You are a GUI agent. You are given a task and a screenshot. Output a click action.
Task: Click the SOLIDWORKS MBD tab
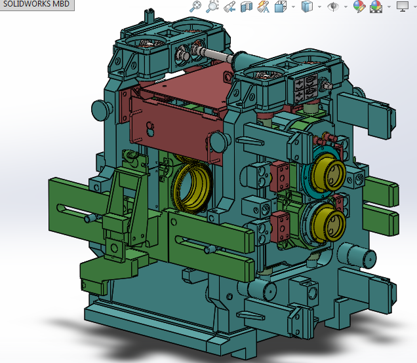pos(37,5)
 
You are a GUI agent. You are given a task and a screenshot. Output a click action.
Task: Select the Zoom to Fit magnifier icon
pos(195,7)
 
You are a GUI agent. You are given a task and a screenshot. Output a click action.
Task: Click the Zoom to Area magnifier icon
pos(212,7)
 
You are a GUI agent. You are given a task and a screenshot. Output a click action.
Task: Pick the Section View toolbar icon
pos(247,7)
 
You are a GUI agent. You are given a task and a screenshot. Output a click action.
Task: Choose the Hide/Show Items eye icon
pos(334,7)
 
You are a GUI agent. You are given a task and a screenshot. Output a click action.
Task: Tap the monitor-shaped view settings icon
pos(402,7)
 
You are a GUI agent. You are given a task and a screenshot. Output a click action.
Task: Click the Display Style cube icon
pos(306,7)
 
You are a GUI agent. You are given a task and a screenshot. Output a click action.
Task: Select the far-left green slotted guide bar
pos(72,207)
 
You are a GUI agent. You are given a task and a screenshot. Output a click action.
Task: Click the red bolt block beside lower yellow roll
pos(281,226)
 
